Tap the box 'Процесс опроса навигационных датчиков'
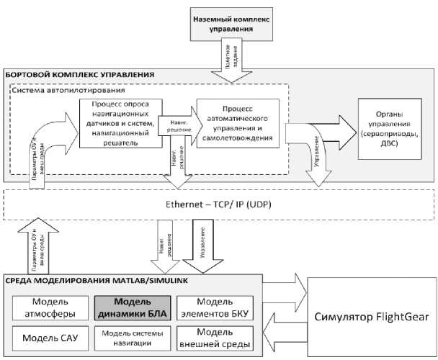tap(119, 123)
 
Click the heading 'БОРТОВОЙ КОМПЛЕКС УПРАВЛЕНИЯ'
tap(81, 74)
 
